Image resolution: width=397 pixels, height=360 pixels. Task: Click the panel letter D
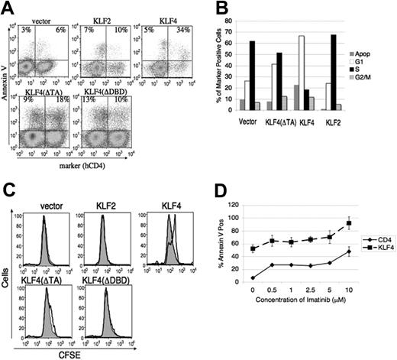click(x=217, y=189)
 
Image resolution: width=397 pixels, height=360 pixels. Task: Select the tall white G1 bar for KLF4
click(x=325, y=73)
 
